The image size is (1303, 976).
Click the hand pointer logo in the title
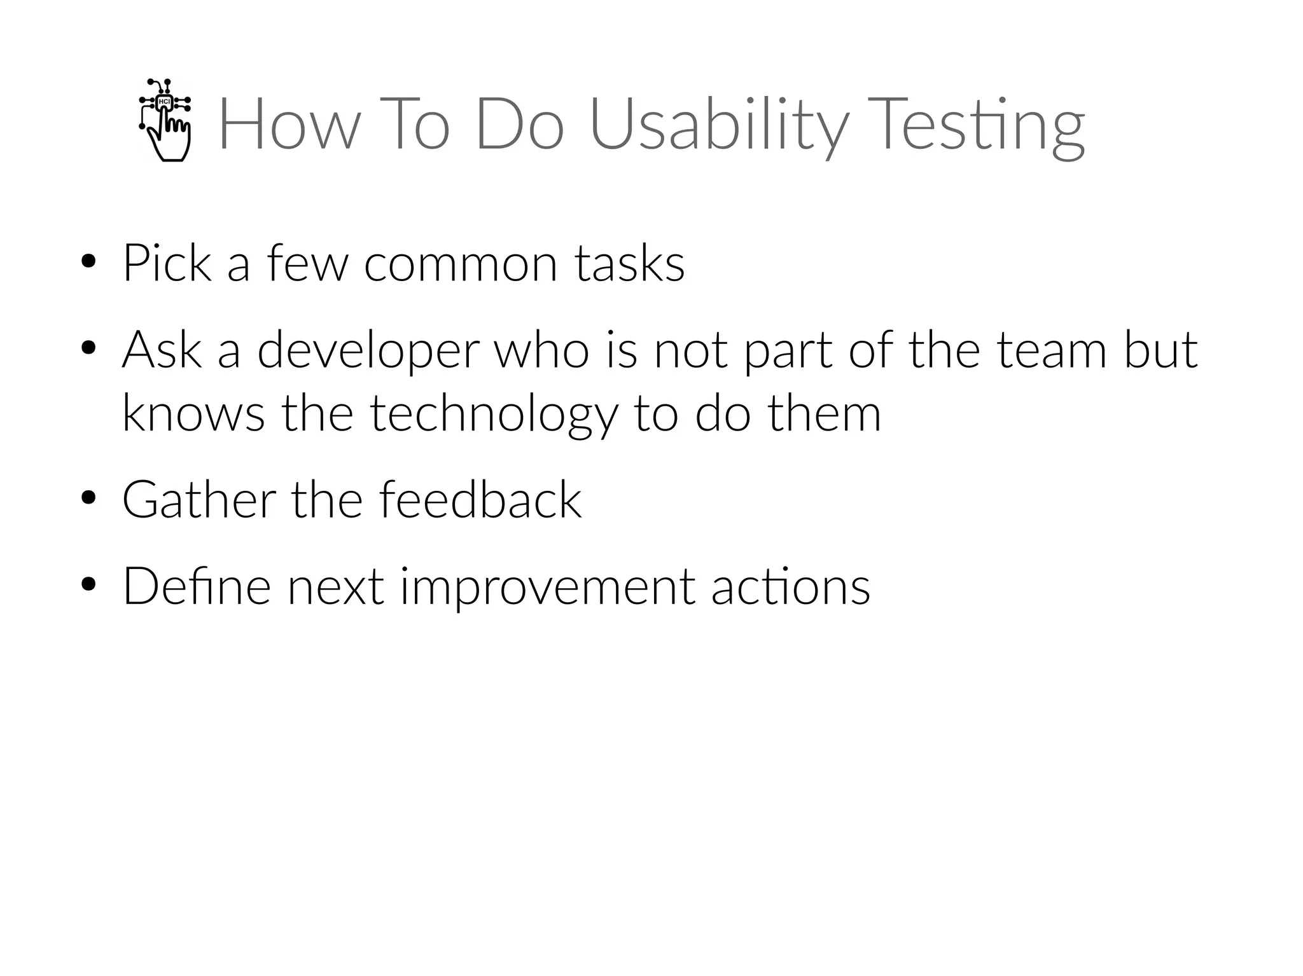165,121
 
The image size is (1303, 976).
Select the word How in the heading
289,125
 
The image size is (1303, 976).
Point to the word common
461,264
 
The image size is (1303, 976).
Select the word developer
368,351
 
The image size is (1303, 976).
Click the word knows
193,413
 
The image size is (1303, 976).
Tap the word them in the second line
825,413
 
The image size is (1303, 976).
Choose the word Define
197,586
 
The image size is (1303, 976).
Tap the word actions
790,586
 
